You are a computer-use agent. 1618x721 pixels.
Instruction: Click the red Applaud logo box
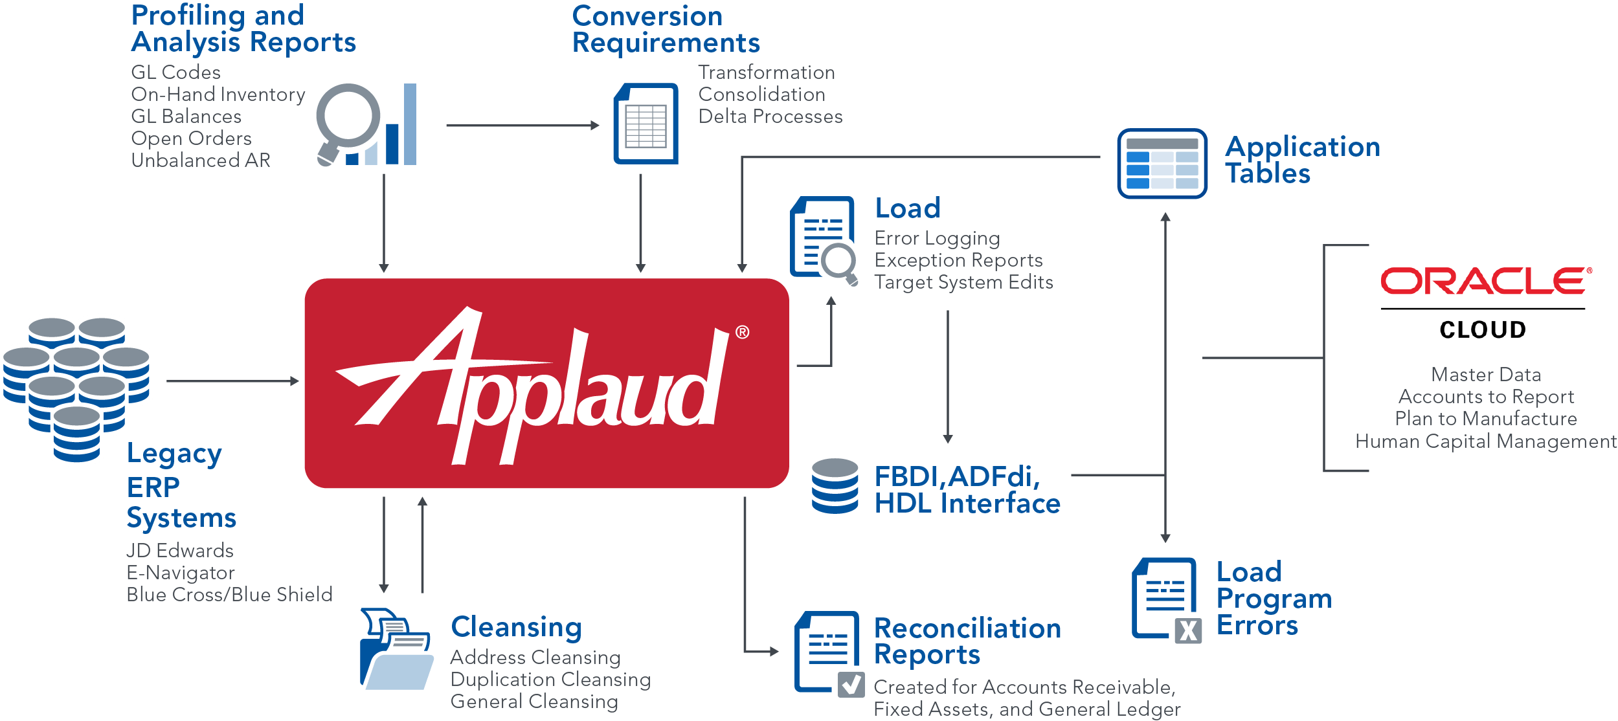coord(546,383)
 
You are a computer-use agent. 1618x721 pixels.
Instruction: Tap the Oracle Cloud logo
coord(1486,302)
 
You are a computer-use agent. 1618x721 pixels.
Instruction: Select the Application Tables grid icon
coord(1162,164)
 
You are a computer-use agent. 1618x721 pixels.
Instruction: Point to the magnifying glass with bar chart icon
coord(366,125)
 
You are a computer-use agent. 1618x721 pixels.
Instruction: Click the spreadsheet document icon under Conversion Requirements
coord(646,124)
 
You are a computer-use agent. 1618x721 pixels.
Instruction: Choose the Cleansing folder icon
coord(396,649)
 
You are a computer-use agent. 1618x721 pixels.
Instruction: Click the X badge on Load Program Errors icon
coord(1188,630)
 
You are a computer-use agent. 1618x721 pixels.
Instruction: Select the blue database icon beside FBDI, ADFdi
coord(835,486)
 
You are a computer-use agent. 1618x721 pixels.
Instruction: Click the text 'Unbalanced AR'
coord(201,161)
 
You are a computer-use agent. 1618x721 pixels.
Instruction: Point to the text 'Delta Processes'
coord(770,116)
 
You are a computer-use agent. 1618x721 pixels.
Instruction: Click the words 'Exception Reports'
coord(958,260)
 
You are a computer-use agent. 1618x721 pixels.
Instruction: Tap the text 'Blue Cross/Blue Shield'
coord(229,594)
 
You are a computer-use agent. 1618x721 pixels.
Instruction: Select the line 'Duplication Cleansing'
coord(550,680)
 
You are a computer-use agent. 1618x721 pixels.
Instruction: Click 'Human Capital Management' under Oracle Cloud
coord(1485,441)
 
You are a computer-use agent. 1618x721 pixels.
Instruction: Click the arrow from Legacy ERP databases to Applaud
coord(233,381)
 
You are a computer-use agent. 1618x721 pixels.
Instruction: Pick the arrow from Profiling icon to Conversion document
coord(522,126)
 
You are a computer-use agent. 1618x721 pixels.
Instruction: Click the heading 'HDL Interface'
coord(967,504)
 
